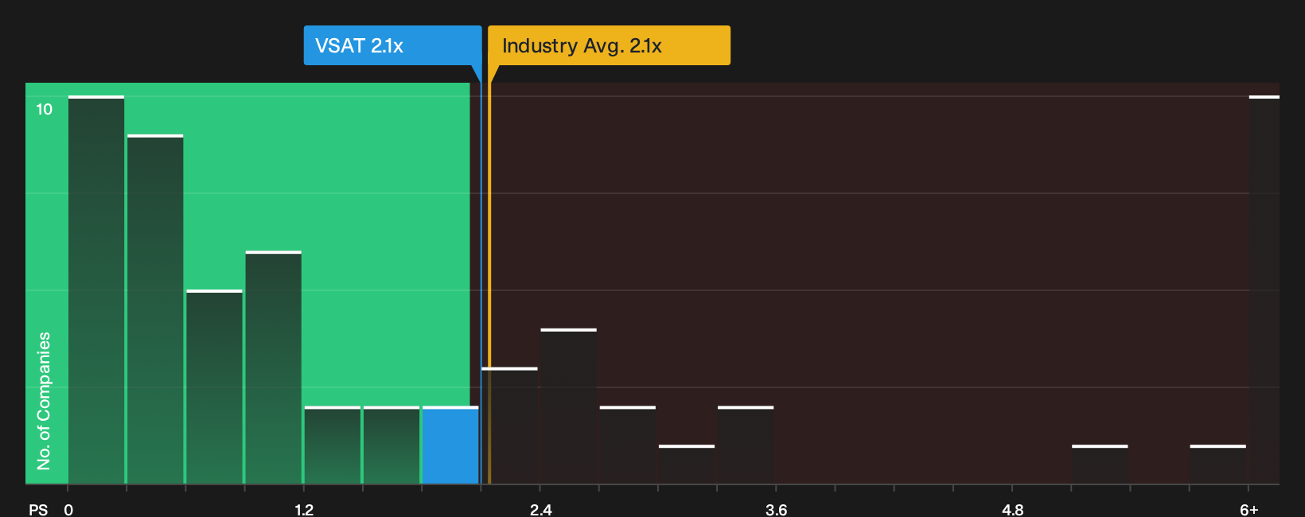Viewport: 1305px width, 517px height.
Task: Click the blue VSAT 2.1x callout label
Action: (392, 45)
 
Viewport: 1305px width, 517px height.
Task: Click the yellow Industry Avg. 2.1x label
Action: (609, 45)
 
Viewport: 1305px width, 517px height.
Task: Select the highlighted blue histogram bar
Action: (450, 445)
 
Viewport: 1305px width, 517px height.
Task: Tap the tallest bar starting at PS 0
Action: (96, 290)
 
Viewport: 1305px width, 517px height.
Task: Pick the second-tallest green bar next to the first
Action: (155, 309)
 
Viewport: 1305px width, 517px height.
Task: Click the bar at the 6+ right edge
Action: (1264, 290)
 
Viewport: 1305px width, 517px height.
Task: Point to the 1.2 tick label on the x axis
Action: (304, 510)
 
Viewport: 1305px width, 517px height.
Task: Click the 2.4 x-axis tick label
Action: (540, 510)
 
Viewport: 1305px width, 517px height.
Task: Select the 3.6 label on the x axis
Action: (776, 510)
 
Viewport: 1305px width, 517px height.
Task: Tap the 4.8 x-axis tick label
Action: (1012, 510)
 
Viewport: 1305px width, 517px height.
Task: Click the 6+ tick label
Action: (1249, 510)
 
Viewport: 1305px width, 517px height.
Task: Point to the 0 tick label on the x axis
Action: (68, 510)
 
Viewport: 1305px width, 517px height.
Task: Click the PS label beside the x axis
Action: (38, 510)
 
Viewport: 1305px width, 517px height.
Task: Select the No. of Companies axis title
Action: (44, 401)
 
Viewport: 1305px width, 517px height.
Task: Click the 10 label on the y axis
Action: (45, 109)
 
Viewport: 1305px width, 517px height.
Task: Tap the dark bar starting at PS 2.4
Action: (569, 406)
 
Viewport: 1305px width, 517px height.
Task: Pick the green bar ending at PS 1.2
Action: (273, 367)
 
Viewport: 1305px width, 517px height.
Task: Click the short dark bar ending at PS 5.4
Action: (1100, 465)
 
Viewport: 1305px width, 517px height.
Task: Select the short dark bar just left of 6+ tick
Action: (1217, 465)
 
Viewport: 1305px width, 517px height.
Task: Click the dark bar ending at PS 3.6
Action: (746, 445)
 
